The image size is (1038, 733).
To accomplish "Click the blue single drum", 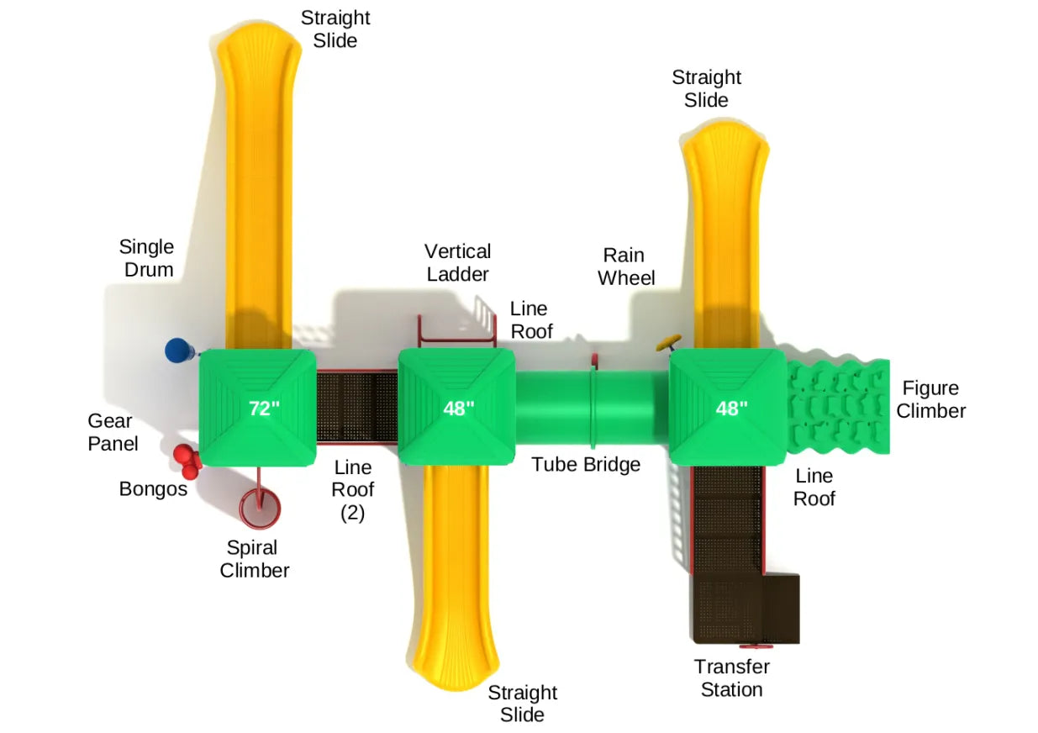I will point(177,351).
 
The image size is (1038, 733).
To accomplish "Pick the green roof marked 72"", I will point(257,408).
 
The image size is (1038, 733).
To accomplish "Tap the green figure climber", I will point(838,407).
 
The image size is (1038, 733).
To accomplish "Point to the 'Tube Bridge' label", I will point(586,464).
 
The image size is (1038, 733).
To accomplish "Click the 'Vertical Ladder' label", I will point(457,262).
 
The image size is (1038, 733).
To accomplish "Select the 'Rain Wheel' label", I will point(626,266).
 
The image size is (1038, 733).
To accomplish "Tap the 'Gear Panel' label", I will point(113,431).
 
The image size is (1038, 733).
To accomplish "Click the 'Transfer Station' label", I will point(731,678).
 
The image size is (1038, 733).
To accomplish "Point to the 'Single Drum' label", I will point(146,258).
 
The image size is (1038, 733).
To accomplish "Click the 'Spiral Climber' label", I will point(254,559).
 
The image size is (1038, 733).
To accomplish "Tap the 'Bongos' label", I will point(153,488).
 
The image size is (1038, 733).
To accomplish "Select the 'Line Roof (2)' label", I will point(352,489).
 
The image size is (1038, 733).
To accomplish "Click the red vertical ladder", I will point(455,333).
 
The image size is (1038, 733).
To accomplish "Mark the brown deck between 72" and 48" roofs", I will point(356,408).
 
